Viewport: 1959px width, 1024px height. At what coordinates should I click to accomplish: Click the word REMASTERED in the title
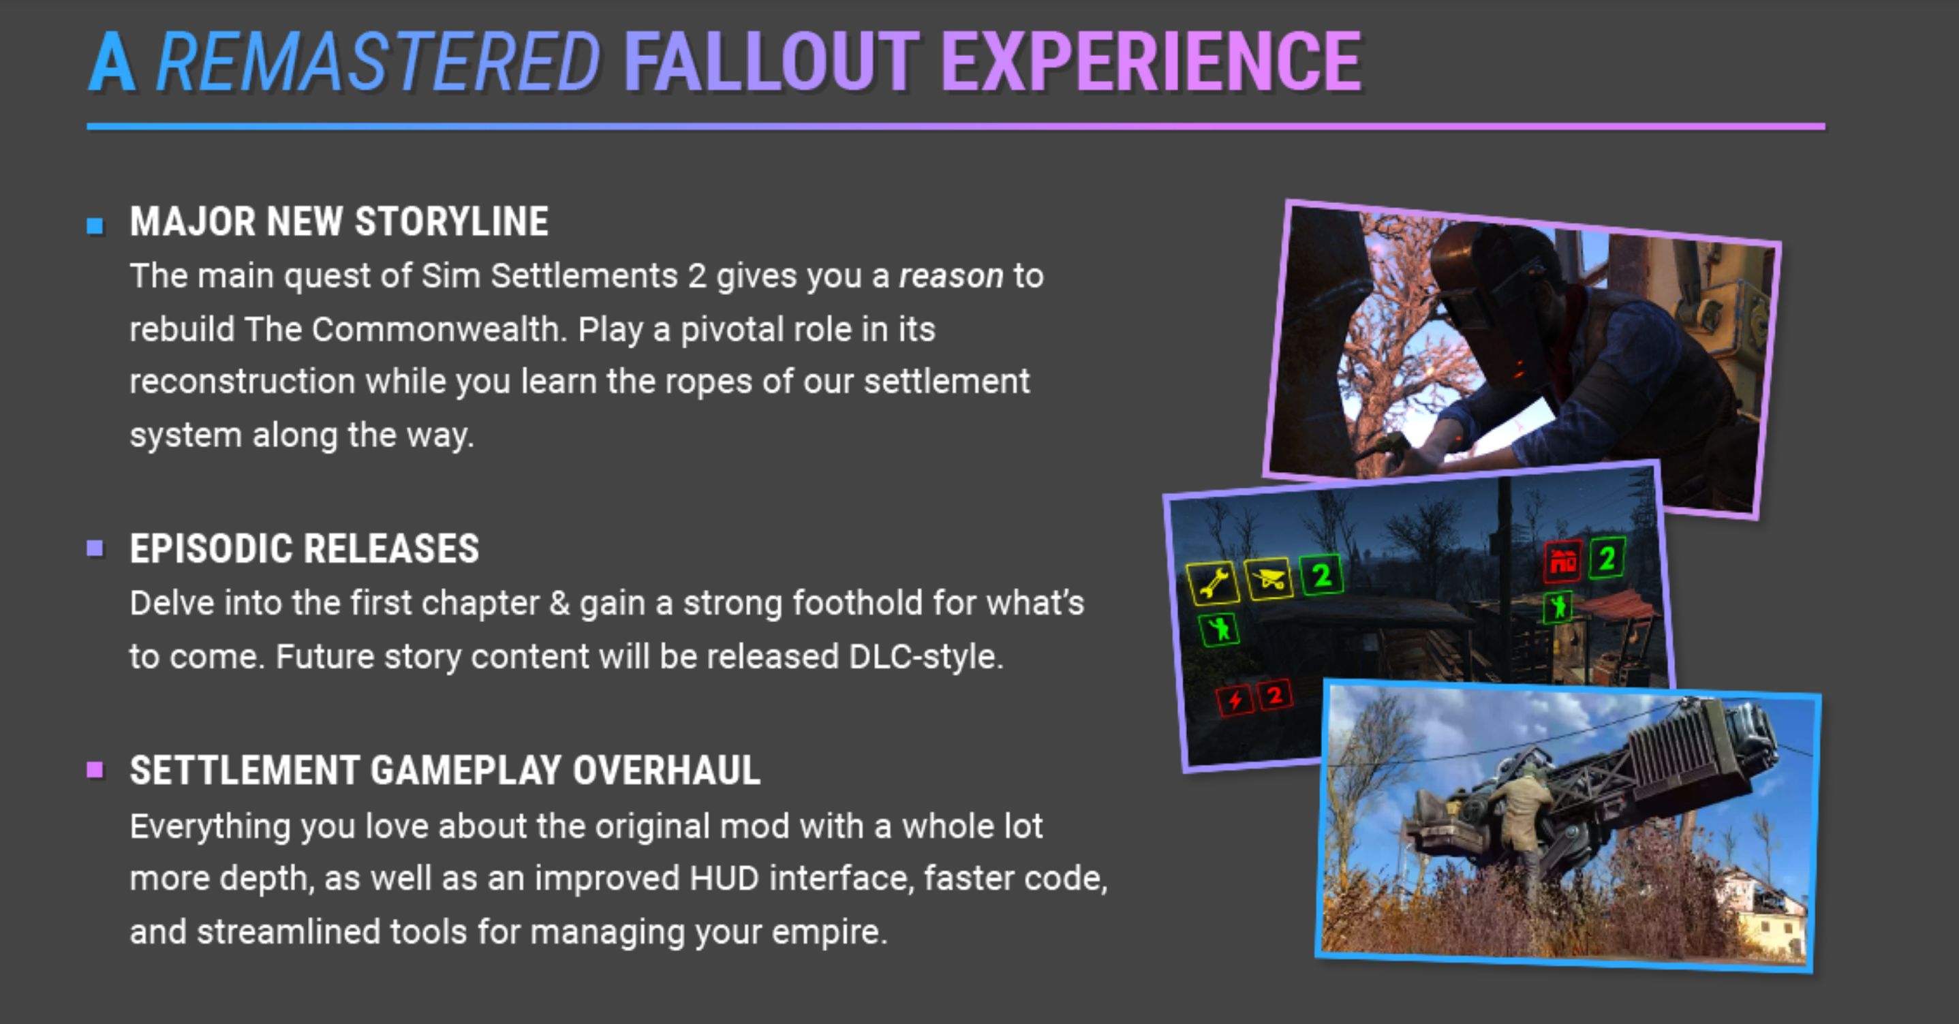coord(379,61)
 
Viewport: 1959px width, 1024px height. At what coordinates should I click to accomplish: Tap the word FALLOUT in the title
coord(771,61)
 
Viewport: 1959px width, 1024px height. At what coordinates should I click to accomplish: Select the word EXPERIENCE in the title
coord(1151,61)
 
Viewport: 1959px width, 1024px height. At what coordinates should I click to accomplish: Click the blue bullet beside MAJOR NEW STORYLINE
coord(95,226)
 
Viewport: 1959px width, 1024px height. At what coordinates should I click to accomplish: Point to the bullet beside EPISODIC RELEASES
coord(95,548)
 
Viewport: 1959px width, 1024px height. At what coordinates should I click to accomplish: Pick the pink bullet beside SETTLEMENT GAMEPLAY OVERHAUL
coord(95,770)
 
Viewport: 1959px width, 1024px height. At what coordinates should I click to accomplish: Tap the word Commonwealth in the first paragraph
coord(439,330)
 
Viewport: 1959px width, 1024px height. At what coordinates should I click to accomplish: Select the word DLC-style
coord(926,657)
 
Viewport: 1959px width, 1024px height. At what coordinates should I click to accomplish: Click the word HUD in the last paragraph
coord(725,879)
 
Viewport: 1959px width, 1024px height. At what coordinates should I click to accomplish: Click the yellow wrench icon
coord(1213,583)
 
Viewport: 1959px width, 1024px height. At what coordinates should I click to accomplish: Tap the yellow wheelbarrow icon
coord(1267,578)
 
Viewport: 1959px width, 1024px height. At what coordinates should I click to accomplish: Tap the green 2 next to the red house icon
coord(1607,559)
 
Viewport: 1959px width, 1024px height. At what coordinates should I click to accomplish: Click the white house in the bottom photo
coord(1764,912)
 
